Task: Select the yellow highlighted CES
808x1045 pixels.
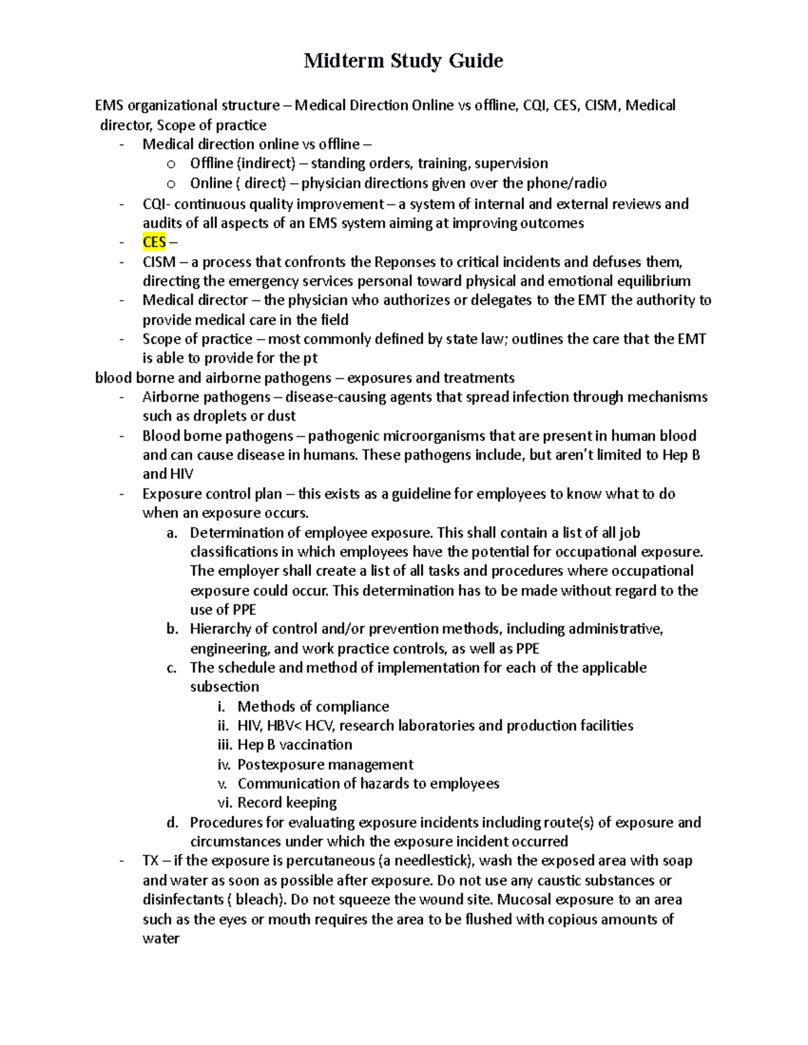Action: pyautogui.click(x=154, y=242)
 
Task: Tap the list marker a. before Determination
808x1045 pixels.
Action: pyautogui.click(x=172, y=533)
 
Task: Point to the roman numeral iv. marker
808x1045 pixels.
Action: pyautogui.click(x=224, y=765)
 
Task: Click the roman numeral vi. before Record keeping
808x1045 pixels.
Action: pyautogui.click(x=224, y=803)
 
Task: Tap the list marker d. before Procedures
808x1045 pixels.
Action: pyautogui.click(x=172, y=822)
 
